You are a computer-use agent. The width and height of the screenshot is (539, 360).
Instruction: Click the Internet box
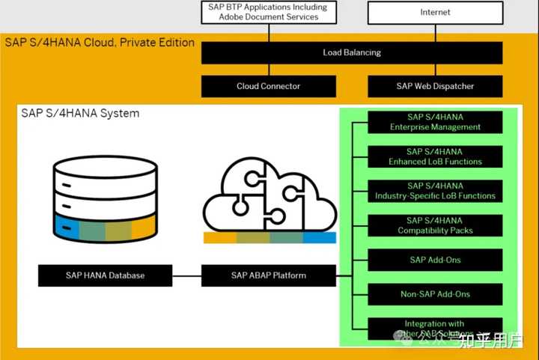435,12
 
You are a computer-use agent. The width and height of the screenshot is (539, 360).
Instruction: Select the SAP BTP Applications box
268,12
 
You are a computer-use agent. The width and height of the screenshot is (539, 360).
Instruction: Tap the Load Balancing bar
352,52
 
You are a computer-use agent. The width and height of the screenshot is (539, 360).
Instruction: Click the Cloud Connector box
268,86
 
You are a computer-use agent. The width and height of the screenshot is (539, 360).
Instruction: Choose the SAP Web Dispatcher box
435,86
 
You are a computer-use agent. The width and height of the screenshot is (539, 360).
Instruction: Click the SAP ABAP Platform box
268,275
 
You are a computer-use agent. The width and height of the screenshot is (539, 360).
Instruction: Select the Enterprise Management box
435,122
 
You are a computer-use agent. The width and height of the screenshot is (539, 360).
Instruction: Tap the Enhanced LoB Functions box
435,156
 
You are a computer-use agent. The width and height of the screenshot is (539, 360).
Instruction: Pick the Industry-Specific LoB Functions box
435,191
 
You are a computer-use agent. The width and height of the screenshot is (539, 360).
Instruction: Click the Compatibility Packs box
435,225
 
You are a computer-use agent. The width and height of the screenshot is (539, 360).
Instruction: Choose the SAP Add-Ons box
435,260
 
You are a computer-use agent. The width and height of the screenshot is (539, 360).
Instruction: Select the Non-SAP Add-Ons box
435,294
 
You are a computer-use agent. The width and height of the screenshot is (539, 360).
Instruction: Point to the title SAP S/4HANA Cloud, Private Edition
100,43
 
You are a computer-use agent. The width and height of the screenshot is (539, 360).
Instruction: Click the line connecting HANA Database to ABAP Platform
186,275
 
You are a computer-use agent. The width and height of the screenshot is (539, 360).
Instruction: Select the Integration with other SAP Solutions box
435,327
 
